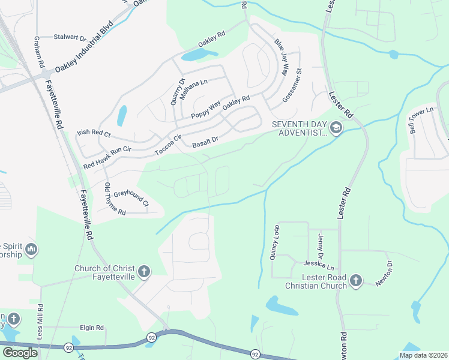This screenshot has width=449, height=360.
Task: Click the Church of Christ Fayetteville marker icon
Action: (x=143, y=272)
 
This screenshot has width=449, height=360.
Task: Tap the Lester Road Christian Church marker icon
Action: (x=356, y=280)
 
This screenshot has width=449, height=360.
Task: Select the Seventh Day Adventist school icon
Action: (x=336, y=128)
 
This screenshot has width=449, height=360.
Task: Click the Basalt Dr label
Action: (x=205, y=142)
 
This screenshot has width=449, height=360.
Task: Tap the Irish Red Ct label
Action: (x=94, y=134)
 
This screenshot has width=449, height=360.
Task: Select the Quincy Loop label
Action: (x=276, y=242)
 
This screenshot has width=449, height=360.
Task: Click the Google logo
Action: (x=20, y=353)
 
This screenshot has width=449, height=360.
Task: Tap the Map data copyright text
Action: (x=423, y=355)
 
